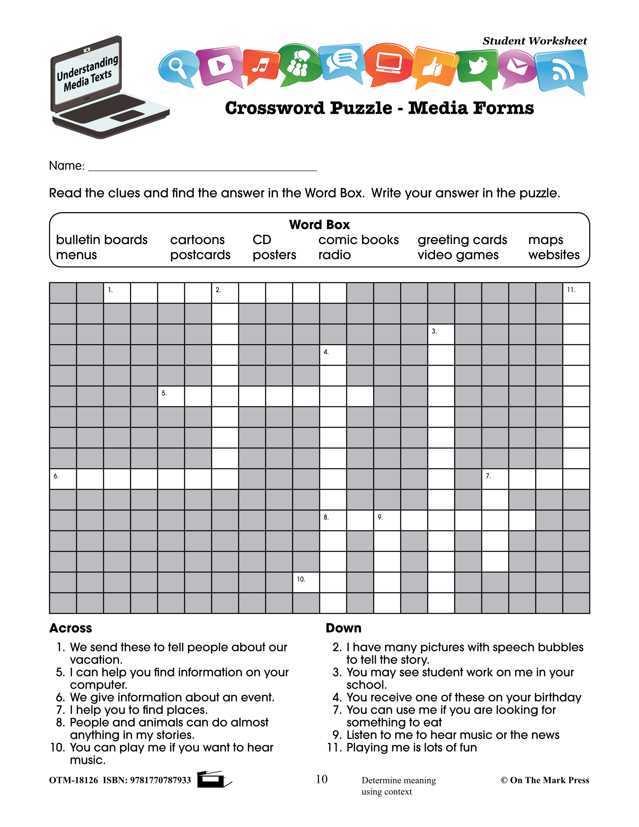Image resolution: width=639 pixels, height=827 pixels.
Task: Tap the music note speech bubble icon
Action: [x=261, y=65]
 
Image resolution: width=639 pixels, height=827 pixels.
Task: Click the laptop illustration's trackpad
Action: [x=127, y=116]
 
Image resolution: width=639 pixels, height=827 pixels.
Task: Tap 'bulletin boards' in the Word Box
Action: [x=101, y=240]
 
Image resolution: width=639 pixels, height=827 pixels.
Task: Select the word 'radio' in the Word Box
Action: [x=334, y=255]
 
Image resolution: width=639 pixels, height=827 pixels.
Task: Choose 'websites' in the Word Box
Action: [x=554, y=255]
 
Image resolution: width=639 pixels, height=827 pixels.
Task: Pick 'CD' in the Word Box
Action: [x=262, y=240]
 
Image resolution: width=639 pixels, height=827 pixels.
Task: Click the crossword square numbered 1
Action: [x=117, y=293]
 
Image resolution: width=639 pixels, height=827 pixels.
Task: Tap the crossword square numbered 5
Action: [x=171, y=396]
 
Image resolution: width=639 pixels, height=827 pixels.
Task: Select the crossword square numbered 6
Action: [x=63, y=479]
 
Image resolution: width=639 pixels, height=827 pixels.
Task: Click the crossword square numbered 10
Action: [x=306, y=582]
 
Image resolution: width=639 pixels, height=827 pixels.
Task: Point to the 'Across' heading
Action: [x=71, y=628]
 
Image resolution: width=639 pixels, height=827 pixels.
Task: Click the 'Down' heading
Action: [x=343, y=628]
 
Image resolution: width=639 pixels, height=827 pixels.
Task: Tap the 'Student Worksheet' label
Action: [x=534, y=41]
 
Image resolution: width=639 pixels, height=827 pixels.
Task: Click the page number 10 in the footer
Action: [x=321, y=779]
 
